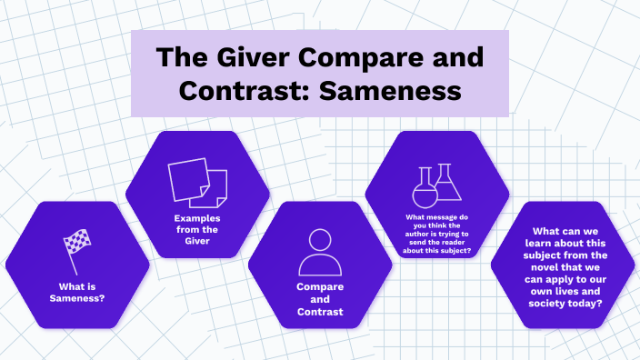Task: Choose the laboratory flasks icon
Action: (435, 186)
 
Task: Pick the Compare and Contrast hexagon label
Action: (320, 300)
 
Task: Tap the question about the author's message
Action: (437, 234)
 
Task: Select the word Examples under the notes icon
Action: (197, 218)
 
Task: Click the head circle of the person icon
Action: (320, 240)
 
